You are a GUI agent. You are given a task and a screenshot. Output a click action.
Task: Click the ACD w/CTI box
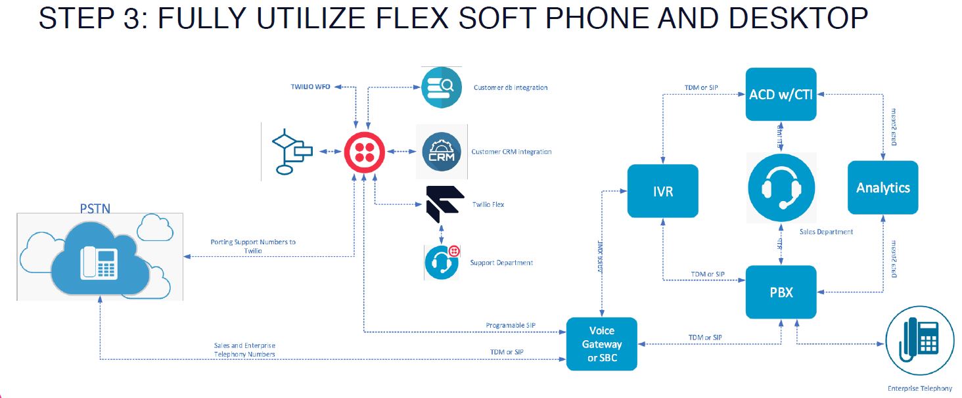[x=781, y=94]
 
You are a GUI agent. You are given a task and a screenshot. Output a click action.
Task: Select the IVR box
[x=662, y=190]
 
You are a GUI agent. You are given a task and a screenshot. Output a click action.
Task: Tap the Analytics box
[x=882, y=188]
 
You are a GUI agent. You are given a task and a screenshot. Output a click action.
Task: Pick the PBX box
[x=781, y=292]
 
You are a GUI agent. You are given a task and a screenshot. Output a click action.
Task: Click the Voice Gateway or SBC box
[x=601, y=344]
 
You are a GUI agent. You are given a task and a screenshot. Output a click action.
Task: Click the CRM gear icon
[x=442, y=152]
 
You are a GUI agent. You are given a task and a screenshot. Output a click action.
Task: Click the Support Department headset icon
[x=441, y=262]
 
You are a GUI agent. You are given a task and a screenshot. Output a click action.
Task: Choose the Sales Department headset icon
[x=781, y=187]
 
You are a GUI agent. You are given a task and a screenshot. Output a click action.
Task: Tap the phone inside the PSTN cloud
[x=99, y=264]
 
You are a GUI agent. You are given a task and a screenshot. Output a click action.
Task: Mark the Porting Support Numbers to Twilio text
[x=253, y=246]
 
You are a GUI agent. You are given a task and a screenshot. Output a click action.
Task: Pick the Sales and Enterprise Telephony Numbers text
[x=244, y=350]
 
